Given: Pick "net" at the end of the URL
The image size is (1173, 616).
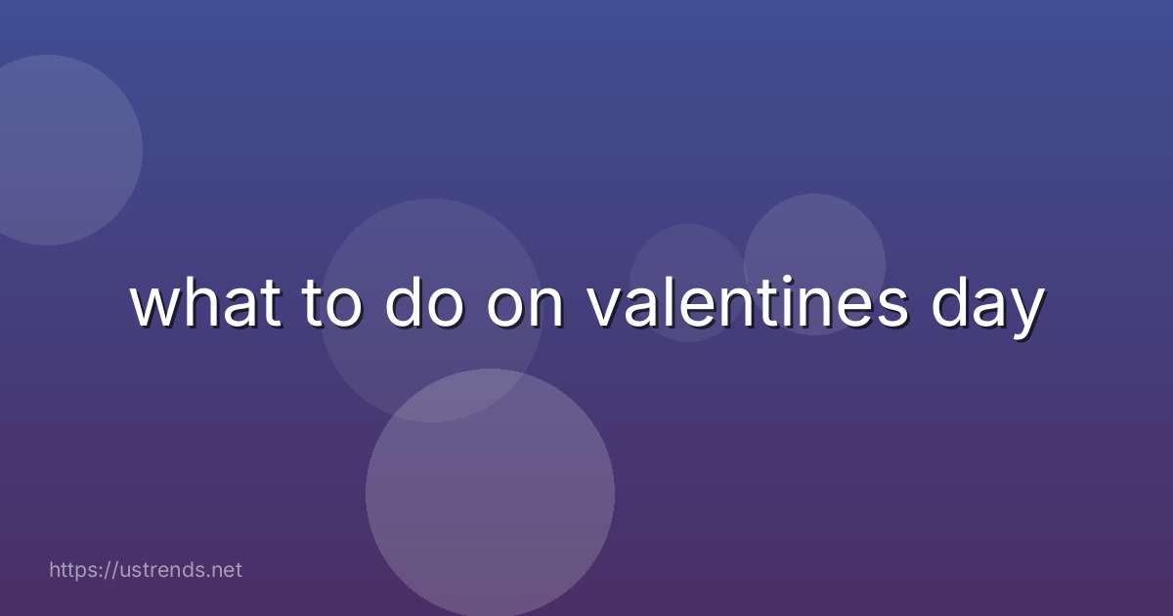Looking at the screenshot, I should coord(226,569).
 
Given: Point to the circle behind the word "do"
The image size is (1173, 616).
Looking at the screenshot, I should coord(431,372).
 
